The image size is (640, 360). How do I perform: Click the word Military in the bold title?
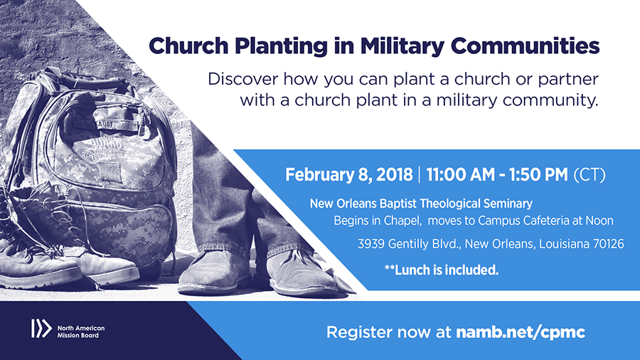point(402,46)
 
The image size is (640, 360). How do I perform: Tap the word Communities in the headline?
point(526,46)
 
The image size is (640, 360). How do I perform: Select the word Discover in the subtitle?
point(243,79)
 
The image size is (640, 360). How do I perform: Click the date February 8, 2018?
point(349,175)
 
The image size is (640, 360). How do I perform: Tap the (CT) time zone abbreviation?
point(590,175)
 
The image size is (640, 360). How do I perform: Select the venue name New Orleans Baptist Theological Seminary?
point(421,203)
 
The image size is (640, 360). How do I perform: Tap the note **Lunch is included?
point(442,270)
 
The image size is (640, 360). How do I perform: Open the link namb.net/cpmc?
point(521,332)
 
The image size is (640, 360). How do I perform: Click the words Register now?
point(378,332)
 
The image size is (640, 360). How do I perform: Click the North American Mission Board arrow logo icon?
point(41,329)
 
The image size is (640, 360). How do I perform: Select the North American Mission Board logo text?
point(81,332)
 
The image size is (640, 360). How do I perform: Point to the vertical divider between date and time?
point(420,175)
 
